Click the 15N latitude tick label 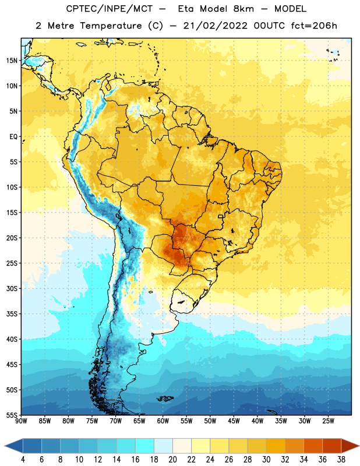(x=12, y=61)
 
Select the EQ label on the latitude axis (x=13, y=137)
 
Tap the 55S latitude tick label (x=12, y=415)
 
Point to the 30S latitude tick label (x=12, y=288)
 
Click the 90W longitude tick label (x=21, y=421)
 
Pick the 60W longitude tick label (x=163, y=421)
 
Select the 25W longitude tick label (x=328, y=421)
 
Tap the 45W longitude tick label (x=234, y=421)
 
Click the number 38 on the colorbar (x=341, y=460)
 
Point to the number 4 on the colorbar (x=23, y=460)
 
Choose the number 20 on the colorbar (x=172, y=460)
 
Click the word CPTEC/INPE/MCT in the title (x=109, y=9)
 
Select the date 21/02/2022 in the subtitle (x=215, y=26)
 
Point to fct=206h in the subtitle (x=314, y=26)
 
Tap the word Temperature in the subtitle (x=111, y=26)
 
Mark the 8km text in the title (x=243, y=9)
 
